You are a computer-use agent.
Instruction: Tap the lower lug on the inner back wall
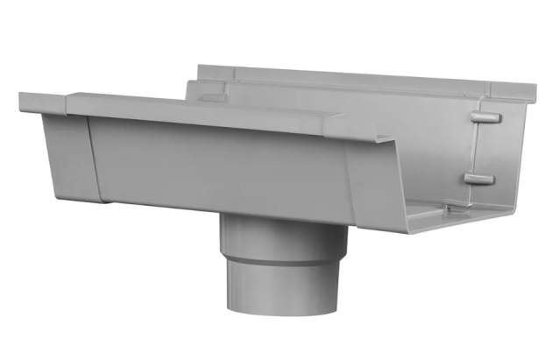tap(480, 179)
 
